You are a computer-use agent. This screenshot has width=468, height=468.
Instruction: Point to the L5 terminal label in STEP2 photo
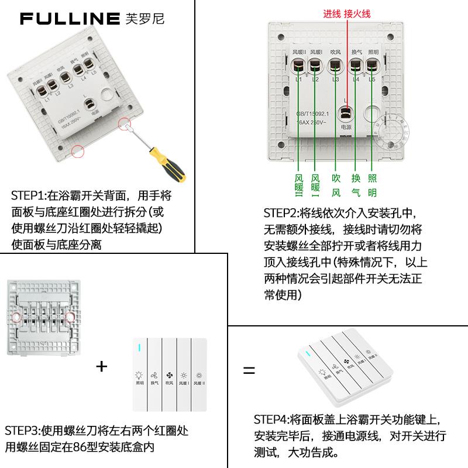point(372,80)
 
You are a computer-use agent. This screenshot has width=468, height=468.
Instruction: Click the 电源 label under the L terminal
point(345,127)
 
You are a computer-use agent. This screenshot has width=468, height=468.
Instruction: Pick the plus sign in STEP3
point(102,367)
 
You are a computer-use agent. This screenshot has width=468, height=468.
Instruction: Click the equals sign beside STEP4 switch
point(249,370)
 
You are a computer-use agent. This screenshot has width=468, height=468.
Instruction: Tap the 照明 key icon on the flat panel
point(139,377)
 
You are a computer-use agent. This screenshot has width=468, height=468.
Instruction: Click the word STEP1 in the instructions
point(26,195)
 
